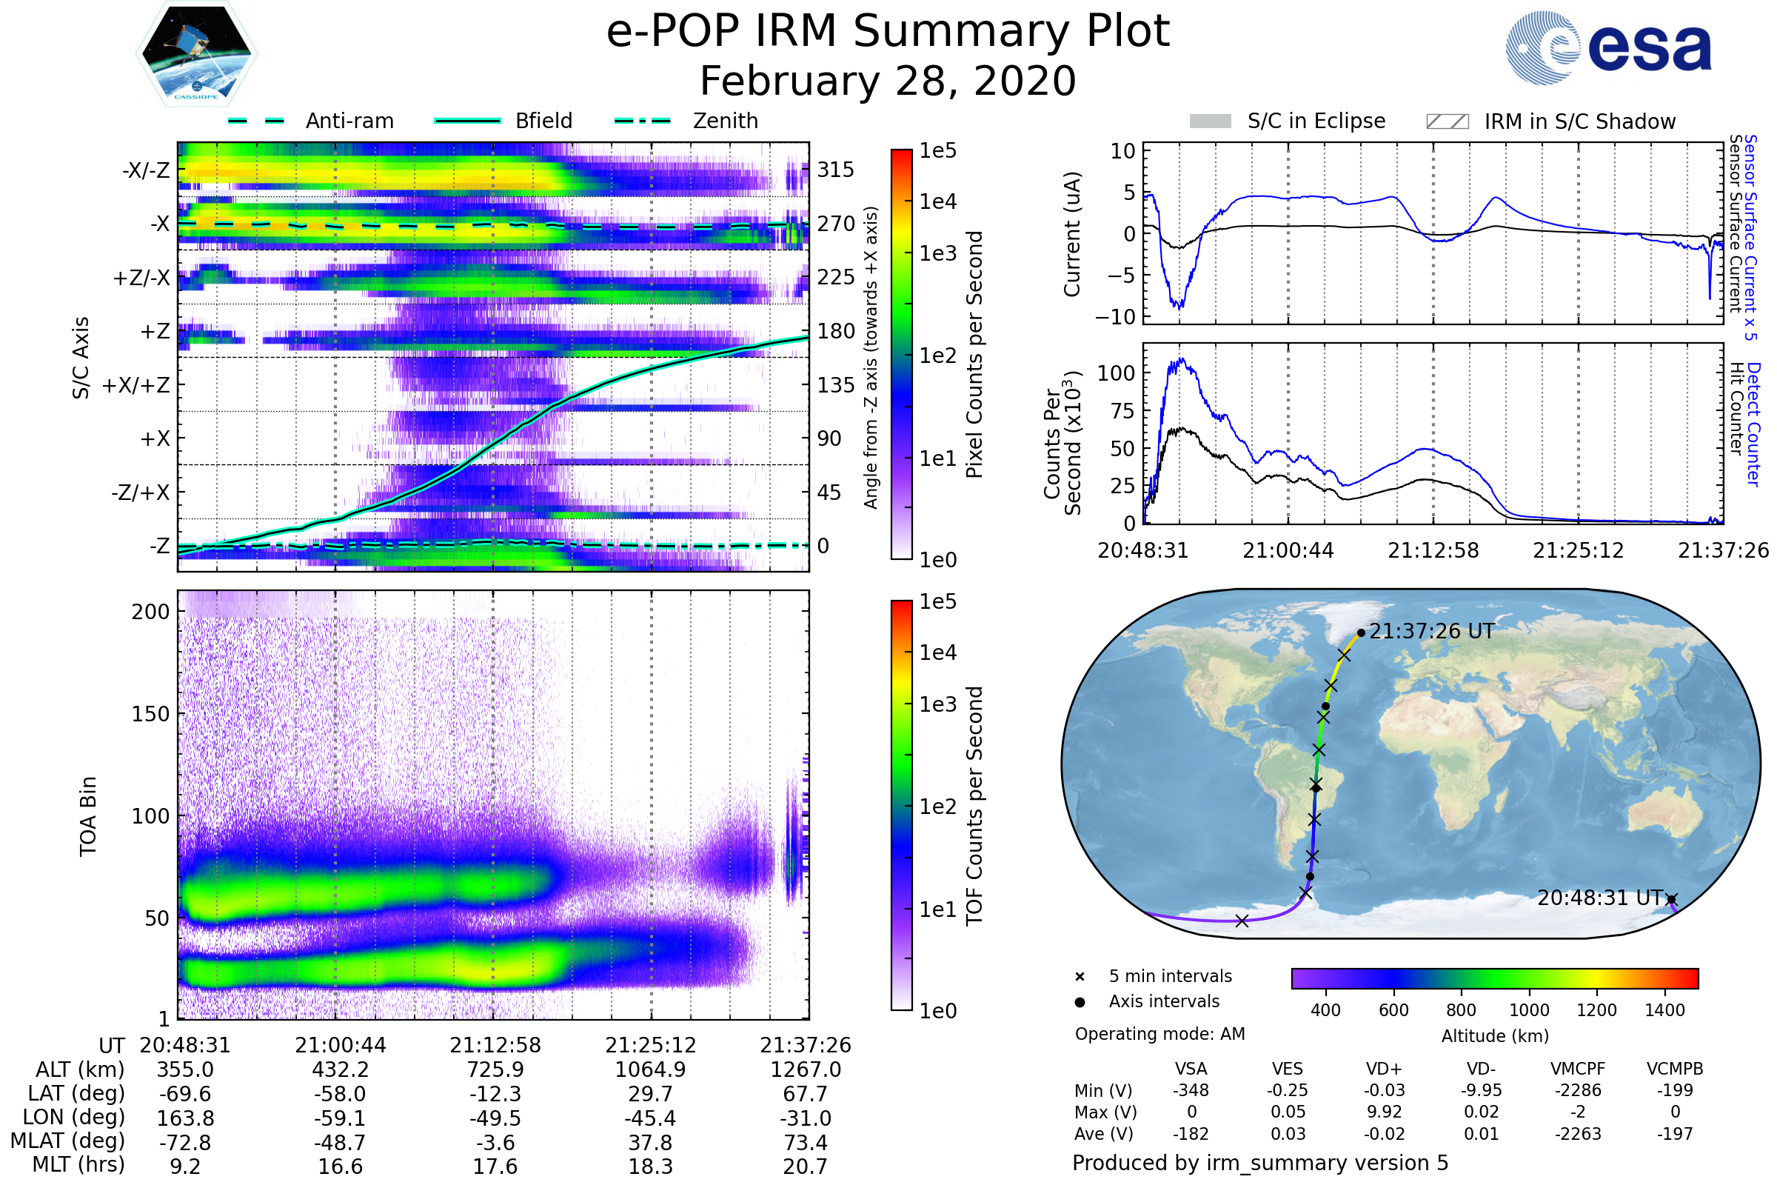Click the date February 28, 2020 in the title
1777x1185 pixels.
click(888, 81)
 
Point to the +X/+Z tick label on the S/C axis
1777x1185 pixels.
click(136, 385)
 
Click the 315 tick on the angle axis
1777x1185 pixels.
click(836, 170)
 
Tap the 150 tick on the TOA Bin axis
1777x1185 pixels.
click(150, 714)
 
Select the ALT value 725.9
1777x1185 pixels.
click(495, 1069)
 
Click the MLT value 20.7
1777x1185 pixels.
click(806, 1166)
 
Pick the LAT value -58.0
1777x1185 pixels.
click(340, 1094)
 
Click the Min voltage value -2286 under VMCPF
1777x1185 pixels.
click(1578, 1090)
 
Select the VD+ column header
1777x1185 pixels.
click(1384, 1069)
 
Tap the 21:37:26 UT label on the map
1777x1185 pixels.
click(1432, 632)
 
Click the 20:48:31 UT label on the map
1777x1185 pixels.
click(1600, 898)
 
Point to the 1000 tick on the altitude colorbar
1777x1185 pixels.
click(1529, 1010)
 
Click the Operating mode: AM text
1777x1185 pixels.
click(1159, 1034)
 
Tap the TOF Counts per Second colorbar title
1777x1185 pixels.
click(974, 806)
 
